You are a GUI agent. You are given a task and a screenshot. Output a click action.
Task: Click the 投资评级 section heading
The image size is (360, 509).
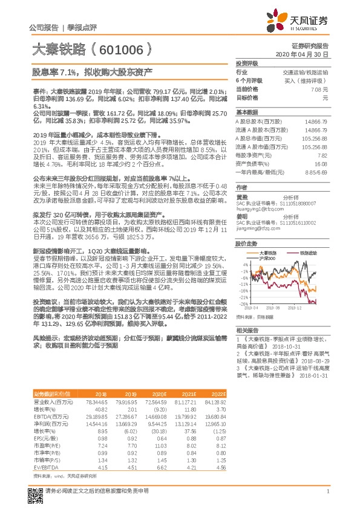[x=247, y=63]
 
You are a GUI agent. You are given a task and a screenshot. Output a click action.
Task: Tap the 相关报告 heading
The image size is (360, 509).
[x=247, y=331]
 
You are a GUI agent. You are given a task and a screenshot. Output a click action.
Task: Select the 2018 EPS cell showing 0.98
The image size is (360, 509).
[x=102, y=422]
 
